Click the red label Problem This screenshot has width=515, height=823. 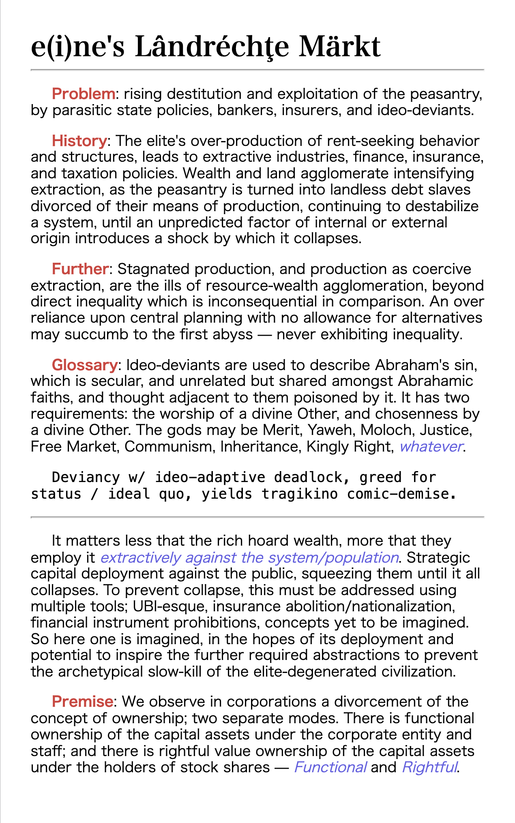pos(84,94)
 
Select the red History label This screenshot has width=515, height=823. pos(79,141)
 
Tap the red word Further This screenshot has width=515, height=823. pos(80,269)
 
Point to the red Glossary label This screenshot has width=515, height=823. pos(84,365)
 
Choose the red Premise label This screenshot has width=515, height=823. pos(82,702)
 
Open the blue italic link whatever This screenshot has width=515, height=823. pos(431,447)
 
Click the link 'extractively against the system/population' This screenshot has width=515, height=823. pos(249,558)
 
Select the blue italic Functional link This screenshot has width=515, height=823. pos(330,767)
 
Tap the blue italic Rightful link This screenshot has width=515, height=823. pos(429,767)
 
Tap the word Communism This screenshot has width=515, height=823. pos(170,447)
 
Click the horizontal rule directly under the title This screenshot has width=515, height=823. pos(257,70)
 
